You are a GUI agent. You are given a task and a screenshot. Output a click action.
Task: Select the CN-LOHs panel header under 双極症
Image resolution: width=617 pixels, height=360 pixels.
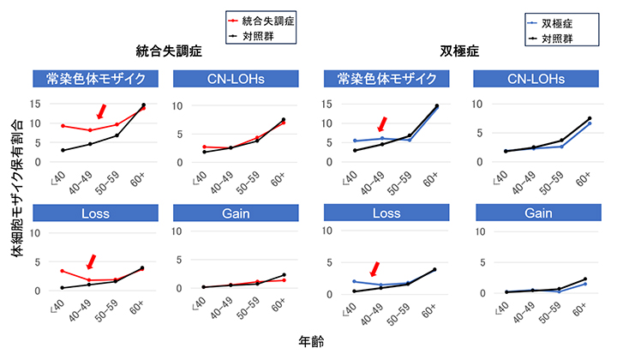click(531, 80)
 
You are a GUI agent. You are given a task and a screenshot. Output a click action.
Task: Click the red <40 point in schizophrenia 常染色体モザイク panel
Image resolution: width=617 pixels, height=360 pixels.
click(63, 126)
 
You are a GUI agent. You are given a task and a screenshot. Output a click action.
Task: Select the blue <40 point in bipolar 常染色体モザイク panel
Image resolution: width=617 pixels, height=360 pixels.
click(355, 141)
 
